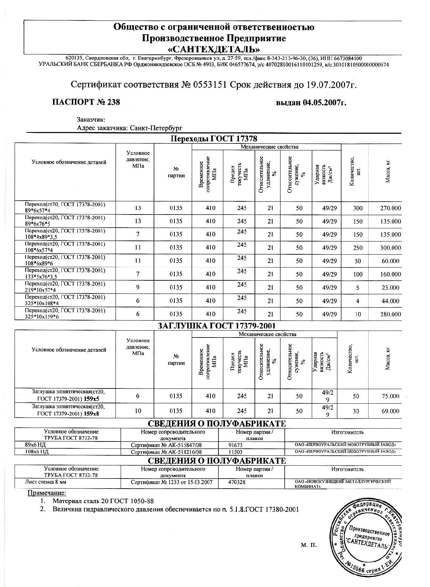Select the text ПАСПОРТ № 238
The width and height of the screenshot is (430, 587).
click(86, 102)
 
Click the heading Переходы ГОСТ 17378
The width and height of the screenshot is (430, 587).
click(214, 139)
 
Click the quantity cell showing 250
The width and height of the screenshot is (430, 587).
click(358, 248)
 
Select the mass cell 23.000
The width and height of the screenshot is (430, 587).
click(390, 288)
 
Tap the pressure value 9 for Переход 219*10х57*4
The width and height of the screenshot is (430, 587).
click(138, 287)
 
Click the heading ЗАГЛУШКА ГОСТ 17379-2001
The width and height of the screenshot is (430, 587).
click(216, 326)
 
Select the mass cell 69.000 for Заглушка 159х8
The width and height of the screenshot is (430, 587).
click(390, 411)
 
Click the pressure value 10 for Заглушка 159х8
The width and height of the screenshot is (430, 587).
click(138, 411)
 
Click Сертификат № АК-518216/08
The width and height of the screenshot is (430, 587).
click(166, 452)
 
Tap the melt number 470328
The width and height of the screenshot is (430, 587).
click(237, 482)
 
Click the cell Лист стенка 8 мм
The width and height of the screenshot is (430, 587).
click(45, 482)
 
